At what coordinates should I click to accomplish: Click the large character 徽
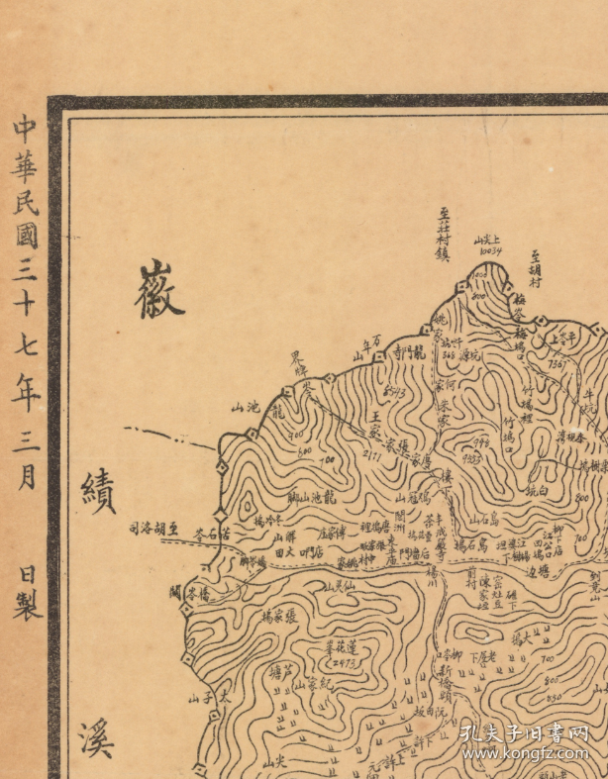pyautogui.click(x=159, y=289)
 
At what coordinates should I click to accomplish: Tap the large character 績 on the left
pyautogui.click(x=98, y=488)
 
